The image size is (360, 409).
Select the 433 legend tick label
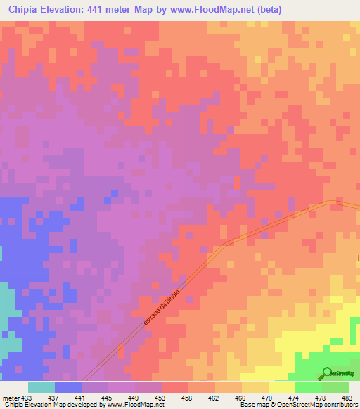click(x=27, y=398)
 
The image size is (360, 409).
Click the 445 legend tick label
click(x=108, y=398)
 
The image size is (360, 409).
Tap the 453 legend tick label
click(x=161, y=398)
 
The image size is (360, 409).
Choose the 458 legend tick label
click(x=188, y=398)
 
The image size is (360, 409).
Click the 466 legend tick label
click(x=241, y=398)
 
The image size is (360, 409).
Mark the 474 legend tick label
click(x=295, y=398)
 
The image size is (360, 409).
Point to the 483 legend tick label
click(x=347, y=398)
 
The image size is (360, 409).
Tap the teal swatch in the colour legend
click(x=41, y=387)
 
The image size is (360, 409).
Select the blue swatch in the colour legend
click(x=68, y=387)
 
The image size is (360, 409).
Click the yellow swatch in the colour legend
click(x=281, y=387)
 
